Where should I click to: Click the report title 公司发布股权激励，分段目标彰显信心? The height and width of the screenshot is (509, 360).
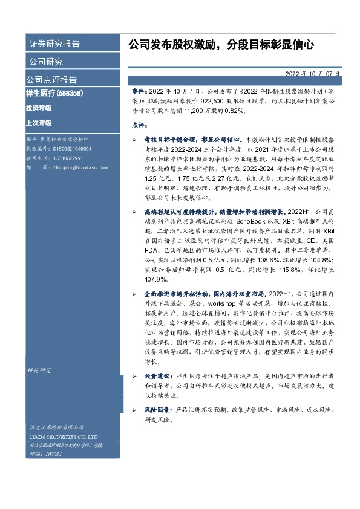point(221,44)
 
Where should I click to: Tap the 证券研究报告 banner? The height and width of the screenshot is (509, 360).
point(54,44)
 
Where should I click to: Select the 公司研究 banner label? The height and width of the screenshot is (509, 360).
point(45,62)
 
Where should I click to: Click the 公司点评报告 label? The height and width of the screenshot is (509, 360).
point(51,80)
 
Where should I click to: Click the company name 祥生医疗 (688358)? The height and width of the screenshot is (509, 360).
point(54,94)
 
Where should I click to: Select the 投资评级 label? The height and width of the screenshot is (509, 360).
point(38,108)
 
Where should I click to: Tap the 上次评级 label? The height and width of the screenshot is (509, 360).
point(38,122)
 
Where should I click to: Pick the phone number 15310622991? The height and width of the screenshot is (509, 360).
point(68,157)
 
